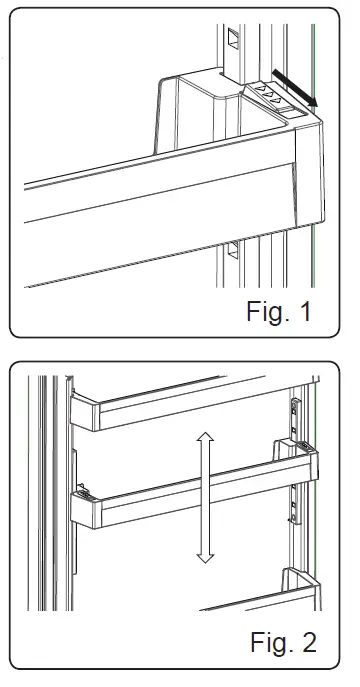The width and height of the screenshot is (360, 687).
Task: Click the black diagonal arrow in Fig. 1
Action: click(298, 86)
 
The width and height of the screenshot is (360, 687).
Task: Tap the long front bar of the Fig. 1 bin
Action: click(150, 215)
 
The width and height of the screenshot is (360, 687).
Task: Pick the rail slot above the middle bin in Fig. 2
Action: click(294, 410)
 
